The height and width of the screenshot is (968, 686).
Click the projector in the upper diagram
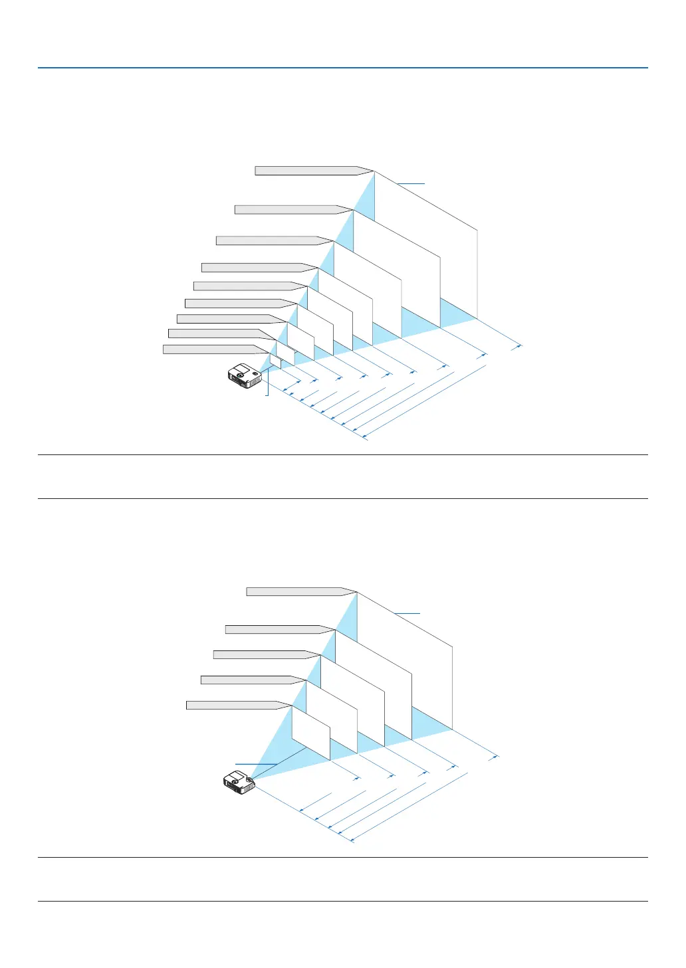click(x=245, y=375)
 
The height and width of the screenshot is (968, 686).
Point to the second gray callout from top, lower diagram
click(x=276, y=629)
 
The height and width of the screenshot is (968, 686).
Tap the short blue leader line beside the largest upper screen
click(x=411, y=183)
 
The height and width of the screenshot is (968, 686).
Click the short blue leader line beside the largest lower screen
click(x=407, y=613)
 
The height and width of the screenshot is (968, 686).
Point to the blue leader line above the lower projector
click(x=255, y=764)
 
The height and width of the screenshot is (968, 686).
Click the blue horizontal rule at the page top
click(x=343, y=68)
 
